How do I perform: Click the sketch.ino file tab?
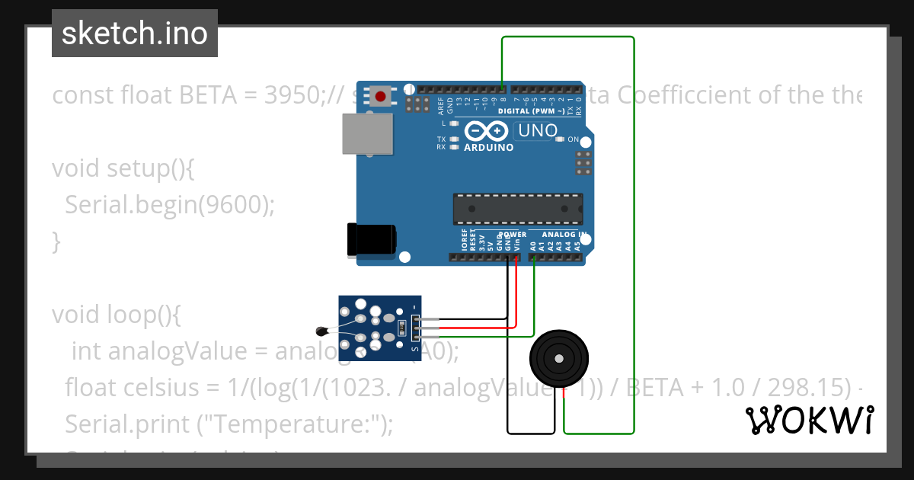[x=134, y=34]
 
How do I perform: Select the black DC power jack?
[x=371, y=238]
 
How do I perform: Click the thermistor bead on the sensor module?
[x=321, y=330]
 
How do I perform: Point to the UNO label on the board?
[x=538, y=131]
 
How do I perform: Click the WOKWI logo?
[x=809, y=420]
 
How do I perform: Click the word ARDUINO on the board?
[x=488, y=148]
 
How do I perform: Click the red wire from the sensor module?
[x=472, y=328]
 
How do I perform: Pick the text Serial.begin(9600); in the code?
[x=169, y=204]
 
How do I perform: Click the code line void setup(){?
[x=123, y=168]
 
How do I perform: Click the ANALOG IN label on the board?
[x=564, y=234]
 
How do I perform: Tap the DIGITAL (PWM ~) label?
[x=532, y=111]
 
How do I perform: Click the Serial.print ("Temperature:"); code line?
[x=228, y=423]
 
